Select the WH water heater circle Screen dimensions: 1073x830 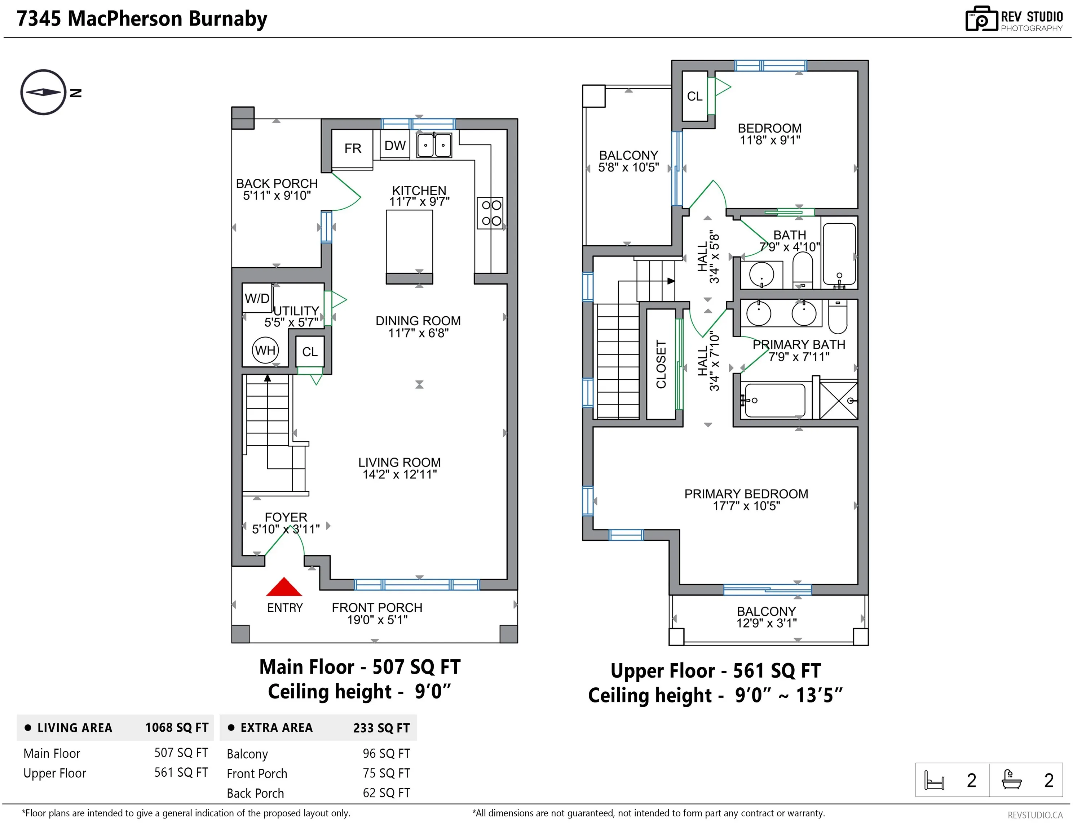point(265,350)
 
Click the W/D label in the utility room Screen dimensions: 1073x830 point(257,298)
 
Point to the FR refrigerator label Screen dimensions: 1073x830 point(353,148)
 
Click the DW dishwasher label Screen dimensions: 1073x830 point(395,146)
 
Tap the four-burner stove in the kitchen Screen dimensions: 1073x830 point(490,213)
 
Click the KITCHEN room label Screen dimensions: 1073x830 point(419,191)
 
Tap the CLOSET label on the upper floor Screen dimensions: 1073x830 point(661,364)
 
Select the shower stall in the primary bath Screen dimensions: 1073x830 point(839,400)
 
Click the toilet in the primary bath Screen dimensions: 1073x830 point(838,317)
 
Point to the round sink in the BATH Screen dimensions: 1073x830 point(761,275)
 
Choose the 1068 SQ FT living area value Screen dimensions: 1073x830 point(177,727)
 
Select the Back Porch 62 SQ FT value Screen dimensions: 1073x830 point(386,793)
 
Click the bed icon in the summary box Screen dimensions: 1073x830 point(934,780)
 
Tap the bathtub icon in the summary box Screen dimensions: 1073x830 point(1012,780)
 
